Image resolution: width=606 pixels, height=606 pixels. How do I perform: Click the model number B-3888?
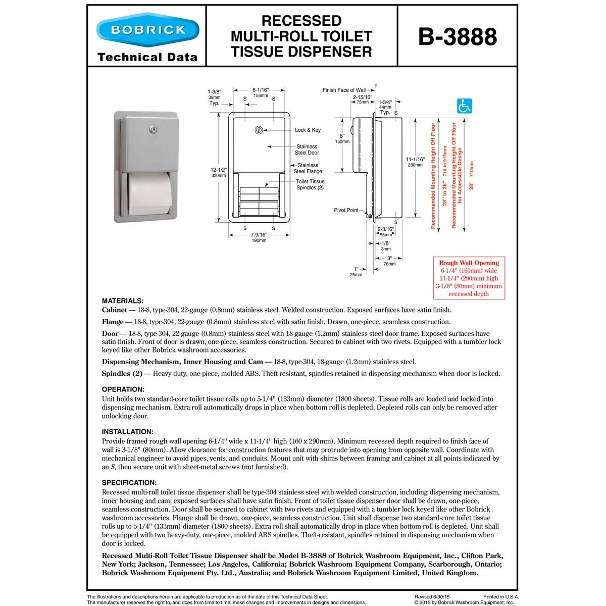(458, 36)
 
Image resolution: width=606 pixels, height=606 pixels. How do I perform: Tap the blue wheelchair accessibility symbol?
(464, 106)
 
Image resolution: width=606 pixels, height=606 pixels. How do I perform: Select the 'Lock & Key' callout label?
(308, 130)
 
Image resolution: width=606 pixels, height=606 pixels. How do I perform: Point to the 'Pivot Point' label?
(346, 210)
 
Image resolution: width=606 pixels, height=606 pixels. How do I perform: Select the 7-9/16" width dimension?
(259, 235)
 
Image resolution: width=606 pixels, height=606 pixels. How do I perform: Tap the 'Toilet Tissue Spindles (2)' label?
(310, 184)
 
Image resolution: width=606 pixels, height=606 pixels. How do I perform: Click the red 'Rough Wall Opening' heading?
(469, 263)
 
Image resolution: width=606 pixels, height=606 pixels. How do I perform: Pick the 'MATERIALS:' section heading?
(123, 300)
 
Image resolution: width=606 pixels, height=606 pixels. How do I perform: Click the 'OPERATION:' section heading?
(123, 389)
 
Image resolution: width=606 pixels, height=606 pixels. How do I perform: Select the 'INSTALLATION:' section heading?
(127, 432)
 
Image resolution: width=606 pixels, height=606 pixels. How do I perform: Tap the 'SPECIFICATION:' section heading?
(129, 483)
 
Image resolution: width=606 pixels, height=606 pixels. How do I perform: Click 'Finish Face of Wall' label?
(344, 90)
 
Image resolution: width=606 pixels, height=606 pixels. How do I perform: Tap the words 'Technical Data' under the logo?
(147, 57)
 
